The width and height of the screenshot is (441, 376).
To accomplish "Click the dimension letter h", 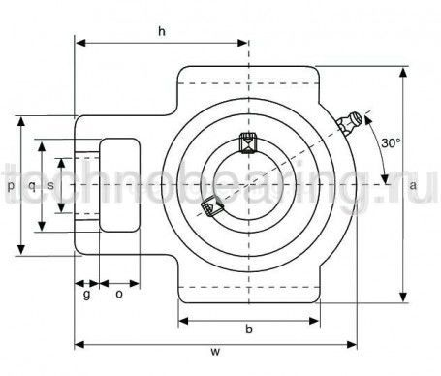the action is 162,31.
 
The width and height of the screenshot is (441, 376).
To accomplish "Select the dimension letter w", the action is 215,351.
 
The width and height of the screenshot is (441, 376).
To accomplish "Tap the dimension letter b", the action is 249,329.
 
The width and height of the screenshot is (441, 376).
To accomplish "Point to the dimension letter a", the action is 413,185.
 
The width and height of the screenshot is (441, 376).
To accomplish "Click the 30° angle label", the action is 391,142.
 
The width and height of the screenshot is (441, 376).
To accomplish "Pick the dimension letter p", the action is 11,186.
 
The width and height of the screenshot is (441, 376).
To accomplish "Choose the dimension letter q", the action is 32,186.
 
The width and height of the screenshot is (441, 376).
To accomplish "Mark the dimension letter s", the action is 50,185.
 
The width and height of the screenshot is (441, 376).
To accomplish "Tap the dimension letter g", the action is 86,295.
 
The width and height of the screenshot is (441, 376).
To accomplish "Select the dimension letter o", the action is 119,294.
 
